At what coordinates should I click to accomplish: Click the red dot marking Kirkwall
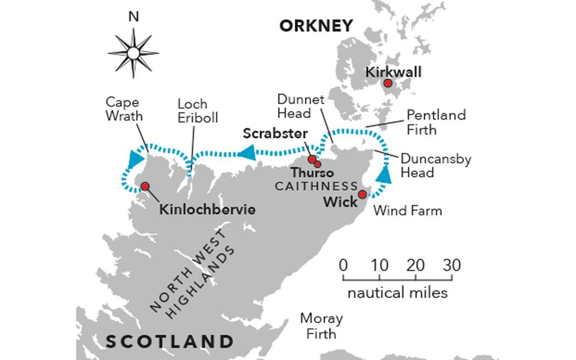(x=388, y=84)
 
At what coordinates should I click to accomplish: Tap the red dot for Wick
(x=362, y=194)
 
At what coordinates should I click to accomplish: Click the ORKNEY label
(x=316, y=26)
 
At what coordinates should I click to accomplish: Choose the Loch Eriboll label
(x=192, y=110)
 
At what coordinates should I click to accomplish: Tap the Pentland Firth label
(x=436, y=122)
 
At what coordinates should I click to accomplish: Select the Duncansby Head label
(x=436, y=165)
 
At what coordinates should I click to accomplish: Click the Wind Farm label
(x=408, y=210)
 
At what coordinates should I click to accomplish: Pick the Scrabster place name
(x=275, y=134)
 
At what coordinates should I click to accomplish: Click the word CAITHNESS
(x=317, y=186)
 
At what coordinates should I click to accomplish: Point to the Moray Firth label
(x=322, y=325)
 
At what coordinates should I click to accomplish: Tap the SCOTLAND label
(x=170, y=342)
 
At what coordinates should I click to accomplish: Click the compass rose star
(x=133, y=52)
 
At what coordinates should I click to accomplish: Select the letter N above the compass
(x=133, y=17)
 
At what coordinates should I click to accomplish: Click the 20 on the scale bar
(x=416, y=265)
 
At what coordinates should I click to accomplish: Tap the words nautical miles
(x=397, y=292)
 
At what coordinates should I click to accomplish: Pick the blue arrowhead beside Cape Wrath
(x=135, y=158)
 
